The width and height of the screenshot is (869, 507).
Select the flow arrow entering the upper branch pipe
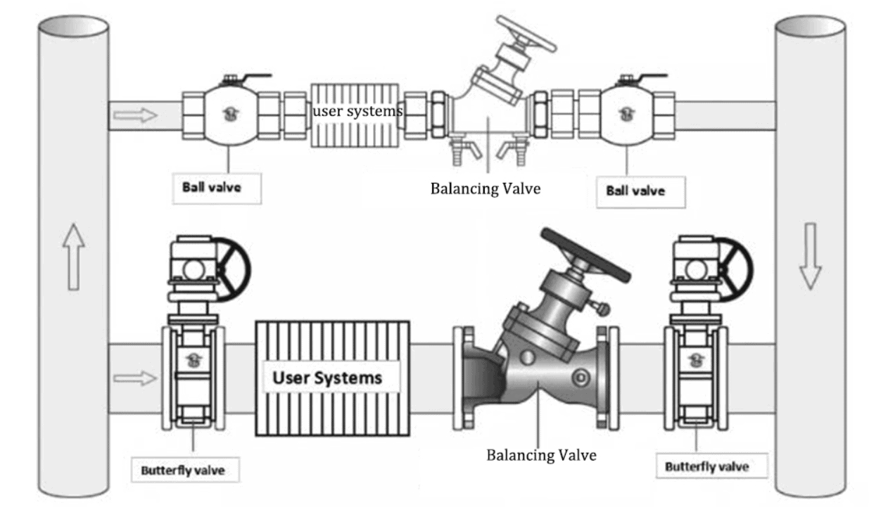[x=136, y=115]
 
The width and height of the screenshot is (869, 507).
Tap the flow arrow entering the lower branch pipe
[x=135, y=378]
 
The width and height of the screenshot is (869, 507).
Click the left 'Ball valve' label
[x=217, y=188]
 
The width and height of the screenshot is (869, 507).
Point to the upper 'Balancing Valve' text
[x=486, y=188]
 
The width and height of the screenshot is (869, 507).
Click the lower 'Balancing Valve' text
[x=541, y=455]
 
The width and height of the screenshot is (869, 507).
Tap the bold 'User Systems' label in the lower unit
[x=327, y=378]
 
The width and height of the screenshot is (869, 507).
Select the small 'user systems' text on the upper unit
[x=357, y=111]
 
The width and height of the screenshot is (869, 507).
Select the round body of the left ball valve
[x=230, y=115]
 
